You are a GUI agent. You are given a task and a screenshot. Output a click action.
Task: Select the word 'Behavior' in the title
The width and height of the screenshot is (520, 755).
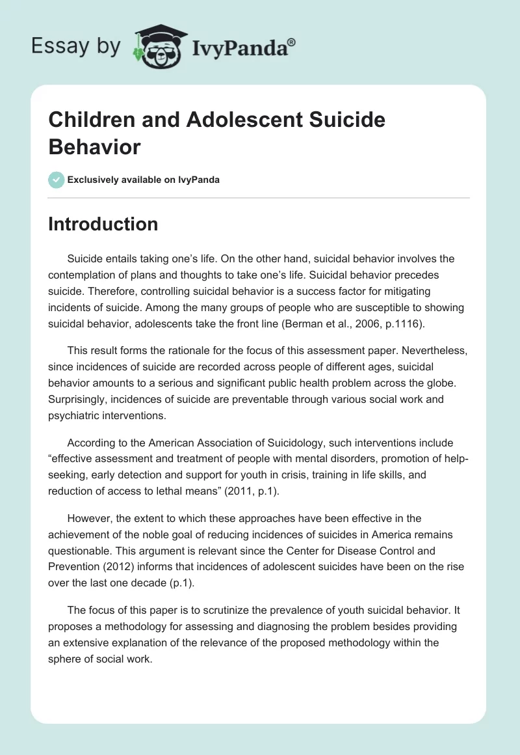click(94, 147)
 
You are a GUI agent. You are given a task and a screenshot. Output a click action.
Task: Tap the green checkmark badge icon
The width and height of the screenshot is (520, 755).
click(57, 180)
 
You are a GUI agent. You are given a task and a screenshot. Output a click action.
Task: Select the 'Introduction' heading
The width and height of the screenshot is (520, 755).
click(103, 224)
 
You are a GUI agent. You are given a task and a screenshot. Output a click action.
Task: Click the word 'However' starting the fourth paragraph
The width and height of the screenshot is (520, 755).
click(87, 519)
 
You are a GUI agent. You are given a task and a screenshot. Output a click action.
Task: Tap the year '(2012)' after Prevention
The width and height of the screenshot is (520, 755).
click(115, 566)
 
